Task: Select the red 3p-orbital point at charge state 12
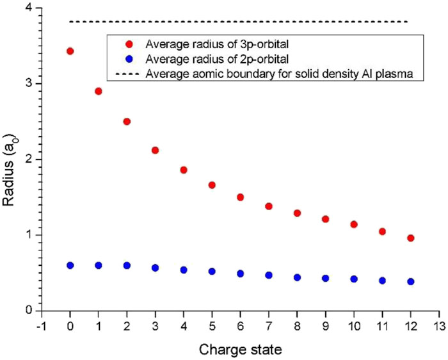pos(410,238)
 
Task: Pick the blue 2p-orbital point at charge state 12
pos(410,282)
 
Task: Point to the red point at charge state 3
pos(156,151)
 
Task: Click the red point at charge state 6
pos(241,197)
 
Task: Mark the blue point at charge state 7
pos(269,275)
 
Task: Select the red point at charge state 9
pos(325,219)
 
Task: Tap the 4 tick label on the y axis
pos(29,8)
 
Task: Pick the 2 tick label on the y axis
pos(29,160)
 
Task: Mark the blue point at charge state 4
pos(184,270)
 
